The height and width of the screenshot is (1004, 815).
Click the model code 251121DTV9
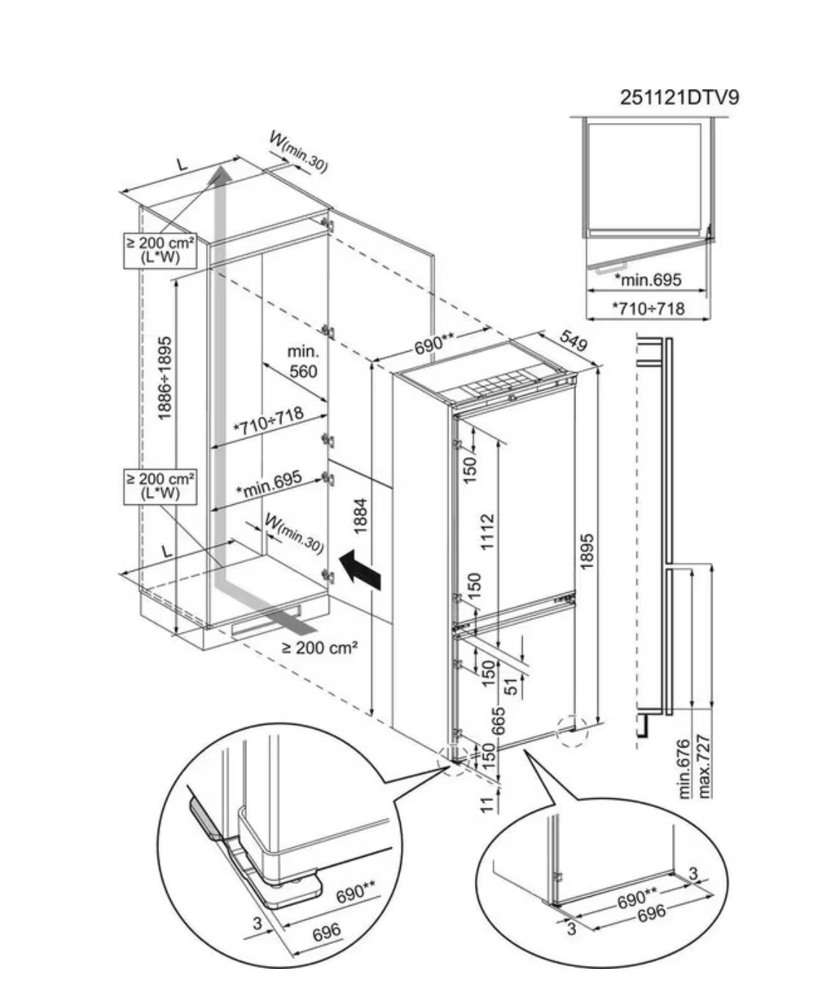[679, 97]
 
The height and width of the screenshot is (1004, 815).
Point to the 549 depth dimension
[574, 341]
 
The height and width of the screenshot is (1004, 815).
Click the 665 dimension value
[498, 721]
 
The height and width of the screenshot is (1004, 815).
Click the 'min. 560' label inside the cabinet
[302, 362]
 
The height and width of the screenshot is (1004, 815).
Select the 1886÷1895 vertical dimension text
[166, 377]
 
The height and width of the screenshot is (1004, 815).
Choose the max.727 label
[704, 766]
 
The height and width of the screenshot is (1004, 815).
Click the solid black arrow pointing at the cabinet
[360, 569]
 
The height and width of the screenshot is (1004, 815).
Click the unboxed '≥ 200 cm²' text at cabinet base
[320, 648]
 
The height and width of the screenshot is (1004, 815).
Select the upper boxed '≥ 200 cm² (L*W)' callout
[159, 249]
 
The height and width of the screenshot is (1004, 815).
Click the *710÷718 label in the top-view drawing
[649, 309]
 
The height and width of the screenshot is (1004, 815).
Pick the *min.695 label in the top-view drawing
[648, 279]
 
